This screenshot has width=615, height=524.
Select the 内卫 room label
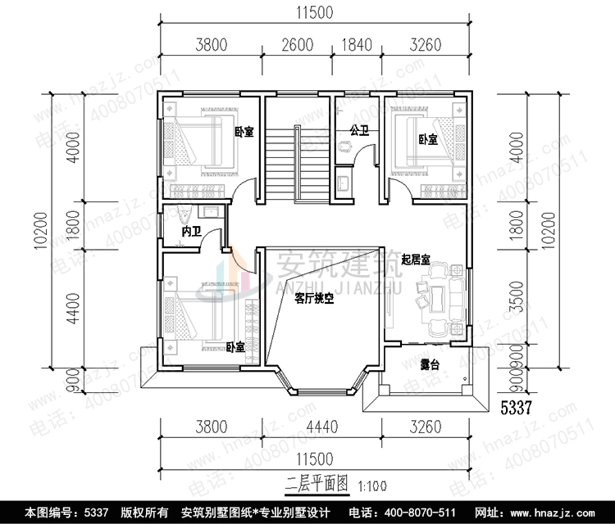(x=190, y=233)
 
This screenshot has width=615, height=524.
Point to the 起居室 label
(x=417, y=259)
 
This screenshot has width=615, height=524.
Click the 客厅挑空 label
(x=313, y=300)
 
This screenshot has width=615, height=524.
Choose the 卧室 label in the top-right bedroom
(x=427, y=140)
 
